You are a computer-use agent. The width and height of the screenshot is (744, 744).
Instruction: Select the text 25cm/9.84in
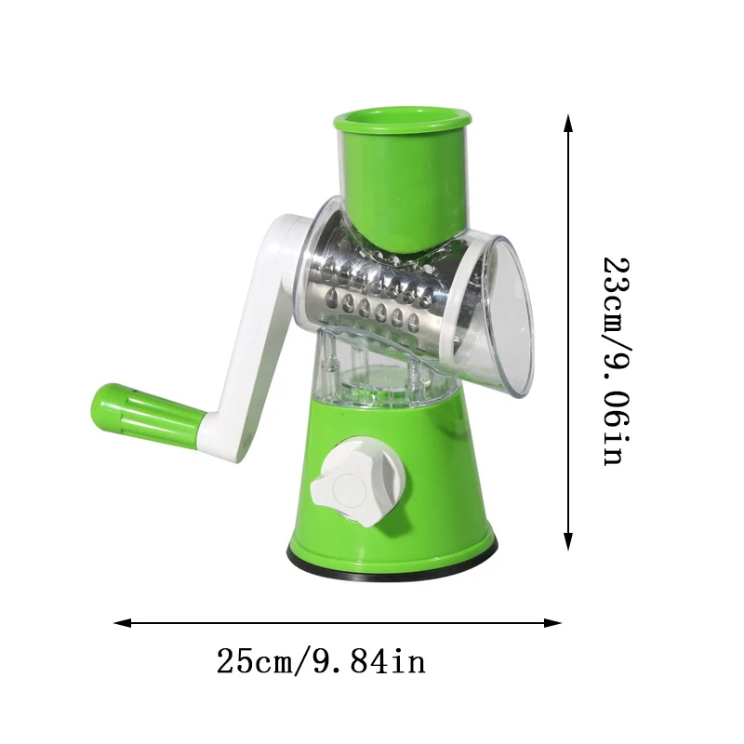point(321,662)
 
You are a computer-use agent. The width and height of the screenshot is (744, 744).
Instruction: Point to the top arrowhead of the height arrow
point(568,122)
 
